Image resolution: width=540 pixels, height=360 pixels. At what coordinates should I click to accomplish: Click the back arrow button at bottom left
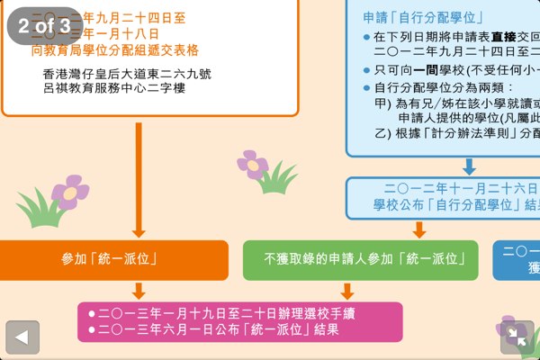22,337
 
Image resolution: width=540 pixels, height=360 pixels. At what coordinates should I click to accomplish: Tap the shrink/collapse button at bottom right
517,337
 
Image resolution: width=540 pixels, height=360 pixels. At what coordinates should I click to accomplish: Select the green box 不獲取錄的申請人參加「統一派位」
360,259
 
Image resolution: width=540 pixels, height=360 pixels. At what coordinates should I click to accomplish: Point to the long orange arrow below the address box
139,180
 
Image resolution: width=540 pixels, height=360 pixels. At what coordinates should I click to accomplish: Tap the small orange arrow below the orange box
139,290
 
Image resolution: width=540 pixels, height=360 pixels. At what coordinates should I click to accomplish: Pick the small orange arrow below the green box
347,290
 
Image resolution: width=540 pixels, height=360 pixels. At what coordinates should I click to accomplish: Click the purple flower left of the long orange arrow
69,192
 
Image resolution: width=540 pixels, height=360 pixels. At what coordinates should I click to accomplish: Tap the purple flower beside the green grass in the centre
253,165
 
